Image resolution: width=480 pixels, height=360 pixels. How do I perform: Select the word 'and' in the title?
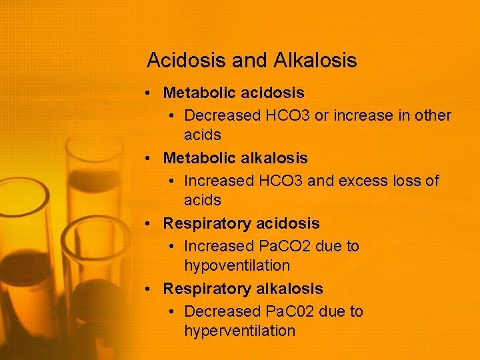point(249,61)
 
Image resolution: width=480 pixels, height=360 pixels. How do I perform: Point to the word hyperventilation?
point(239,331)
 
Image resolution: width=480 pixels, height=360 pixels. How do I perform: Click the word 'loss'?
point(405,181)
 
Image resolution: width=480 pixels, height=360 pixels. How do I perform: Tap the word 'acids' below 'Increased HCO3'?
point(202,200)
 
